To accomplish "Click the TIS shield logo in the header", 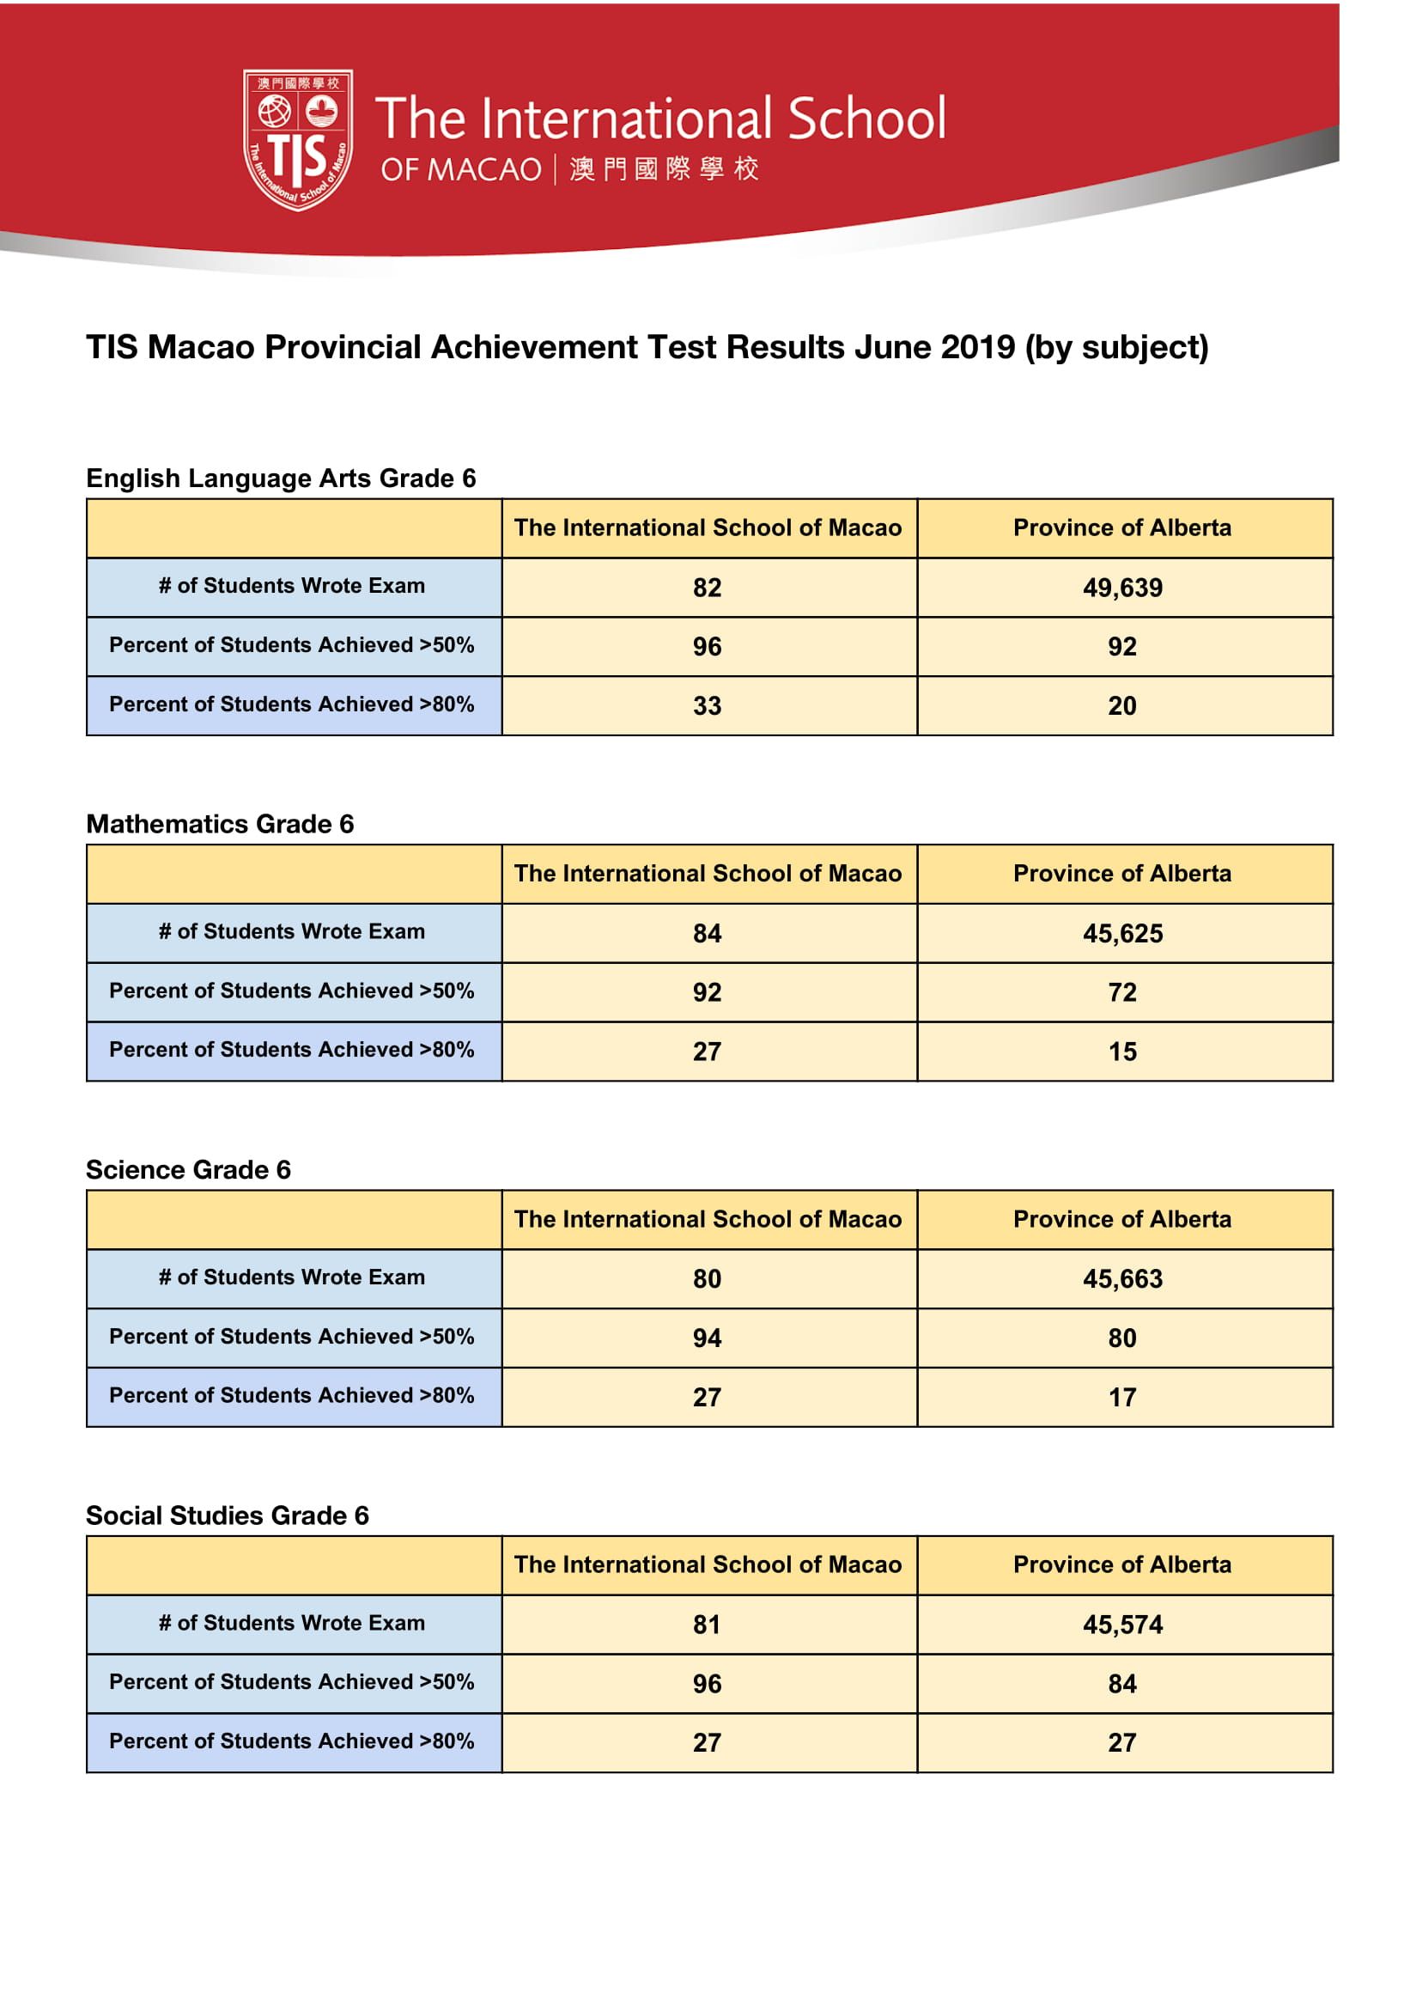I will (298, 139).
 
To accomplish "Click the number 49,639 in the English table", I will (1122, 587).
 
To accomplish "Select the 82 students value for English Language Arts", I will (707, 587).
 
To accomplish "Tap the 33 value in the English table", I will (707, 705).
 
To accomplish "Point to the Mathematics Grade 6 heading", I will (220, 824).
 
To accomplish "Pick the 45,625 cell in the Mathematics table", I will (1122, 933).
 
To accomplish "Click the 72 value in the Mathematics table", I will (1122, 992).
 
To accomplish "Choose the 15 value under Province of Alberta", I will (1122, 1052).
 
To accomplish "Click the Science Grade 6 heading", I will (188, 1170).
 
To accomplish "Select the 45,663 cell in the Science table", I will (1122, 1278).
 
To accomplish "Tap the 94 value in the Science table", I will (707, 1338).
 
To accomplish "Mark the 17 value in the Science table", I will (1122, 1397).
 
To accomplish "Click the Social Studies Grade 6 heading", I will (228, 1515).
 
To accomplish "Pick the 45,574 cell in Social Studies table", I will (1122, 1625).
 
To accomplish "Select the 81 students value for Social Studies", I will (707, 1625).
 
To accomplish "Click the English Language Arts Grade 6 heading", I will (282, 479).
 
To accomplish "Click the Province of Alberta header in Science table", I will (1122, 1219).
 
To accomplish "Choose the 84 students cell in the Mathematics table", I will (707, 933).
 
